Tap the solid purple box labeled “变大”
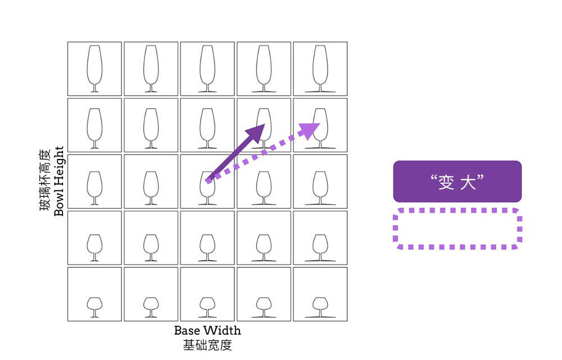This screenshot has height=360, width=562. tap(457, 181)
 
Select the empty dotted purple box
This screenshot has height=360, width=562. tap(457, 229)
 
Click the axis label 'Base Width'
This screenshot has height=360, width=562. tap(207, 330)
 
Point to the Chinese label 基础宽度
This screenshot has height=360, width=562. tap(207, 345)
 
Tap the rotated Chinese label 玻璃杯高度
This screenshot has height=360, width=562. tap(45, 181)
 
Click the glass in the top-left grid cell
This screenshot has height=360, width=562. tap(94, 68)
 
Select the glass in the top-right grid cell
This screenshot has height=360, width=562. tap(320, 68)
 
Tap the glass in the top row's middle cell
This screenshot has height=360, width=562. tap(207, 68)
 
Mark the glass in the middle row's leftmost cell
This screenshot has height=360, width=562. tap(94, 186)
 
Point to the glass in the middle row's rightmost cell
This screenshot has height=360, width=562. tap(320, 186)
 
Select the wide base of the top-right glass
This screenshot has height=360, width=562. tap(320, 92)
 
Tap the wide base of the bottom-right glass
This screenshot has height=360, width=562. tap(320, 317)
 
